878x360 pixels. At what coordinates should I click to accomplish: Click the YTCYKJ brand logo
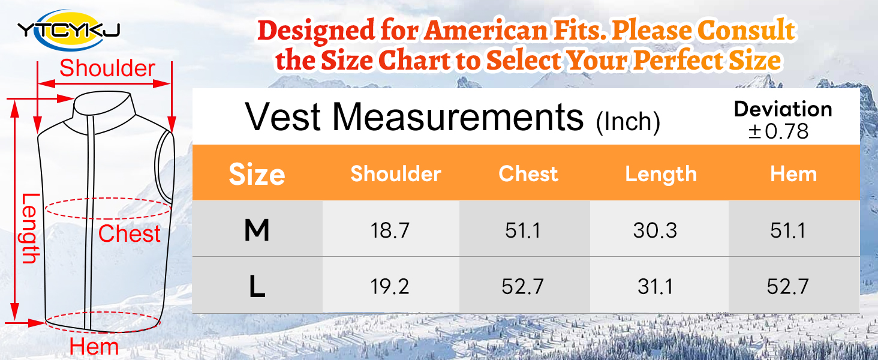pyautogui.click(x=68, y=28)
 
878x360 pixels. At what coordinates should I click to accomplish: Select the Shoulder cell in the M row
pyautogui.click(x=390, y=230)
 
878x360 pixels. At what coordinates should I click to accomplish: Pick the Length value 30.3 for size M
pyautogui.click(x=655, y=230)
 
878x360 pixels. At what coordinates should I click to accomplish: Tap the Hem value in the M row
pyautogui.click(x=787, y=230)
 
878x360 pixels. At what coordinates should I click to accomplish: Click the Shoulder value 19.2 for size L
pyautogui.click(x=390, y=286)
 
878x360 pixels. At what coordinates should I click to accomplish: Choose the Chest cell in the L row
pyautogui.click(x=522, y=286)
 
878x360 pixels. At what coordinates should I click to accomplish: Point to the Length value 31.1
pyautogui.click(x=655, y=286)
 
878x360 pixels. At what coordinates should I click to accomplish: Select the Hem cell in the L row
pyautogui.click(x=787, y=286)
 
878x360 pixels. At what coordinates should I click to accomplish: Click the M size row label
pyautogui.click(x=257, y=230)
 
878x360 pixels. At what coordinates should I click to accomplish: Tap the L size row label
pyautogui.click(x=257, y=287)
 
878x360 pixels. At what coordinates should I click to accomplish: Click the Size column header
pyautogui.click(x=257, y=175)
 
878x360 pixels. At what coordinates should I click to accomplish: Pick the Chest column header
pyautogui.click(x=528, y=174)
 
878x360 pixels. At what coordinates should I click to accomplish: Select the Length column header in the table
pyautogui.click(x=661, y=174)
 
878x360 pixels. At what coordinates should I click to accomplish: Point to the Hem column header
pyautogui.click(x=793, y=174)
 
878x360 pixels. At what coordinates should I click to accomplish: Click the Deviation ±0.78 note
pyautogui.click(x=783, y=120)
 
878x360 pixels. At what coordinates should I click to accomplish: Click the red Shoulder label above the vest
pyautogui.click(x=107, y=68)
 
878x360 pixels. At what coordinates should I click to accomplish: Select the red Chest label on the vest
pyautogui.click(x=130, y=233)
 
